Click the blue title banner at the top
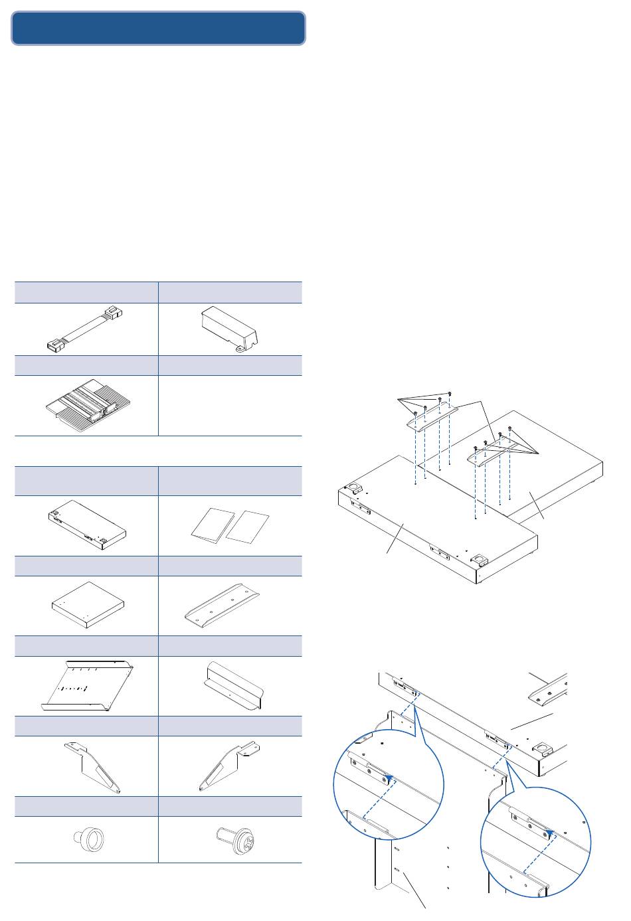tap(158, 28)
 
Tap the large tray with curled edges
tap(86, 684)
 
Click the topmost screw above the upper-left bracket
tap(450, 394)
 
